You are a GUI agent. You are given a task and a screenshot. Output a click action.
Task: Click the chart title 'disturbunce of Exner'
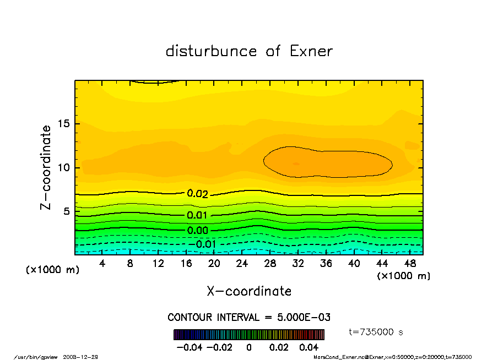tap(249, 51)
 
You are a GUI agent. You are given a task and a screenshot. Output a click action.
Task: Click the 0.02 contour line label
tap(197, 194)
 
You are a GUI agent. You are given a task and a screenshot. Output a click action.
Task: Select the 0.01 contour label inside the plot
tap(197, 215)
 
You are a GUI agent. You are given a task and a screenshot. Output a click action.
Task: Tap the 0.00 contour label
tap(197, 230)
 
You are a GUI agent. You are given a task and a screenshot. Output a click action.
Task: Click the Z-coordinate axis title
tap(46, 167)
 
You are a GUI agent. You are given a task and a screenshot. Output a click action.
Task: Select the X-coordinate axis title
tap(249, 291)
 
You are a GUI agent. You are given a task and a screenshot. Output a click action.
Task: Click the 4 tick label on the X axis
tap(102, 264)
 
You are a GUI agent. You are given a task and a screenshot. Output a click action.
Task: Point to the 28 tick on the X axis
tap(270, 264)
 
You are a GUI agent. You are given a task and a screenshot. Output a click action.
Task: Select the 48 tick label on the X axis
tap(409, 264)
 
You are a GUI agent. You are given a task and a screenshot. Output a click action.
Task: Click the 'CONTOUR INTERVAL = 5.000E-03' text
tap(249, 318)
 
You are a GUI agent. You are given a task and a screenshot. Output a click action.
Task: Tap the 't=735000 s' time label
tap(376, 332)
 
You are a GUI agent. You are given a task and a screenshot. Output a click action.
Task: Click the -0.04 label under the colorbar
tap(187, 347)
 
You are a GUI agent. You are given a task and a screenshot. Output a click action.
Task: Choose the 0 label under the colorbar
tap(249, 347)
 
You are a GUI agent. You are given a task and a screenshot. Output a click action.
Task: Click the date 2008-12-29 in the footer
tap(84, 357)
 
